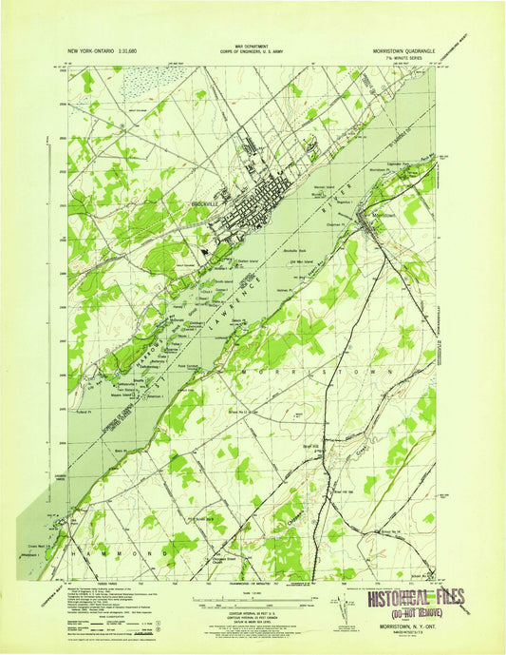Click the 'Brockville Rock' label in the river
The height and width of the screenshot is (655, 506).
(x=299, y=249)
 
